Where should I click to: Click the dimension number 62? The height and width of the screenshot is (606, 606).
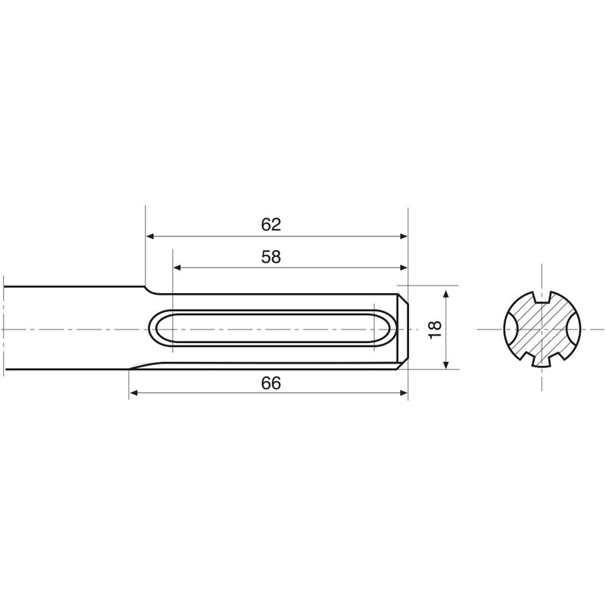coord(271,224)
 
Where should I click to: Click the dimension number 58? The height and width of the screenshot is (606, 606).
coord(271,257)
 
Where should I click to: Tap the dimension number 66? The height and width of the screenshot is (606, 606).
coord(271,383)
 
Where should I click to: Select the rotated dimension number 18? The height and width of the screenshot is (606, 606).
coord(435,330)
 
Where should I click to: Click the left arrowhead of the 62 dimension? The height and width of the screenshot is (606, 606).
coord(150,236)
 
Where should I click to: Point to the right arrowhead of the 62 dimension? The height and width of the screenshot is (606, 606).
coord(404,236)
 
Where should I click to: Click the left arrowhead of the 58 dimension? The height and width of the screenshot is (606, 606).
coord(177,267)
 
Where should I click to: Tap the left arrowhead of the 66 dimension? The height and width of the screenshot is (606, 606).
coord(133,393)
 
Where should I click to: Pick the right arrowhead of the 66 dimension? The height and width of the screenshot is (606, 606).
coord(404,393)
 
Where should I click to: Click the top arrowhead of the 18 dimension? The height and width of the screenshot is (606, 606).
coord(446,294)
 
